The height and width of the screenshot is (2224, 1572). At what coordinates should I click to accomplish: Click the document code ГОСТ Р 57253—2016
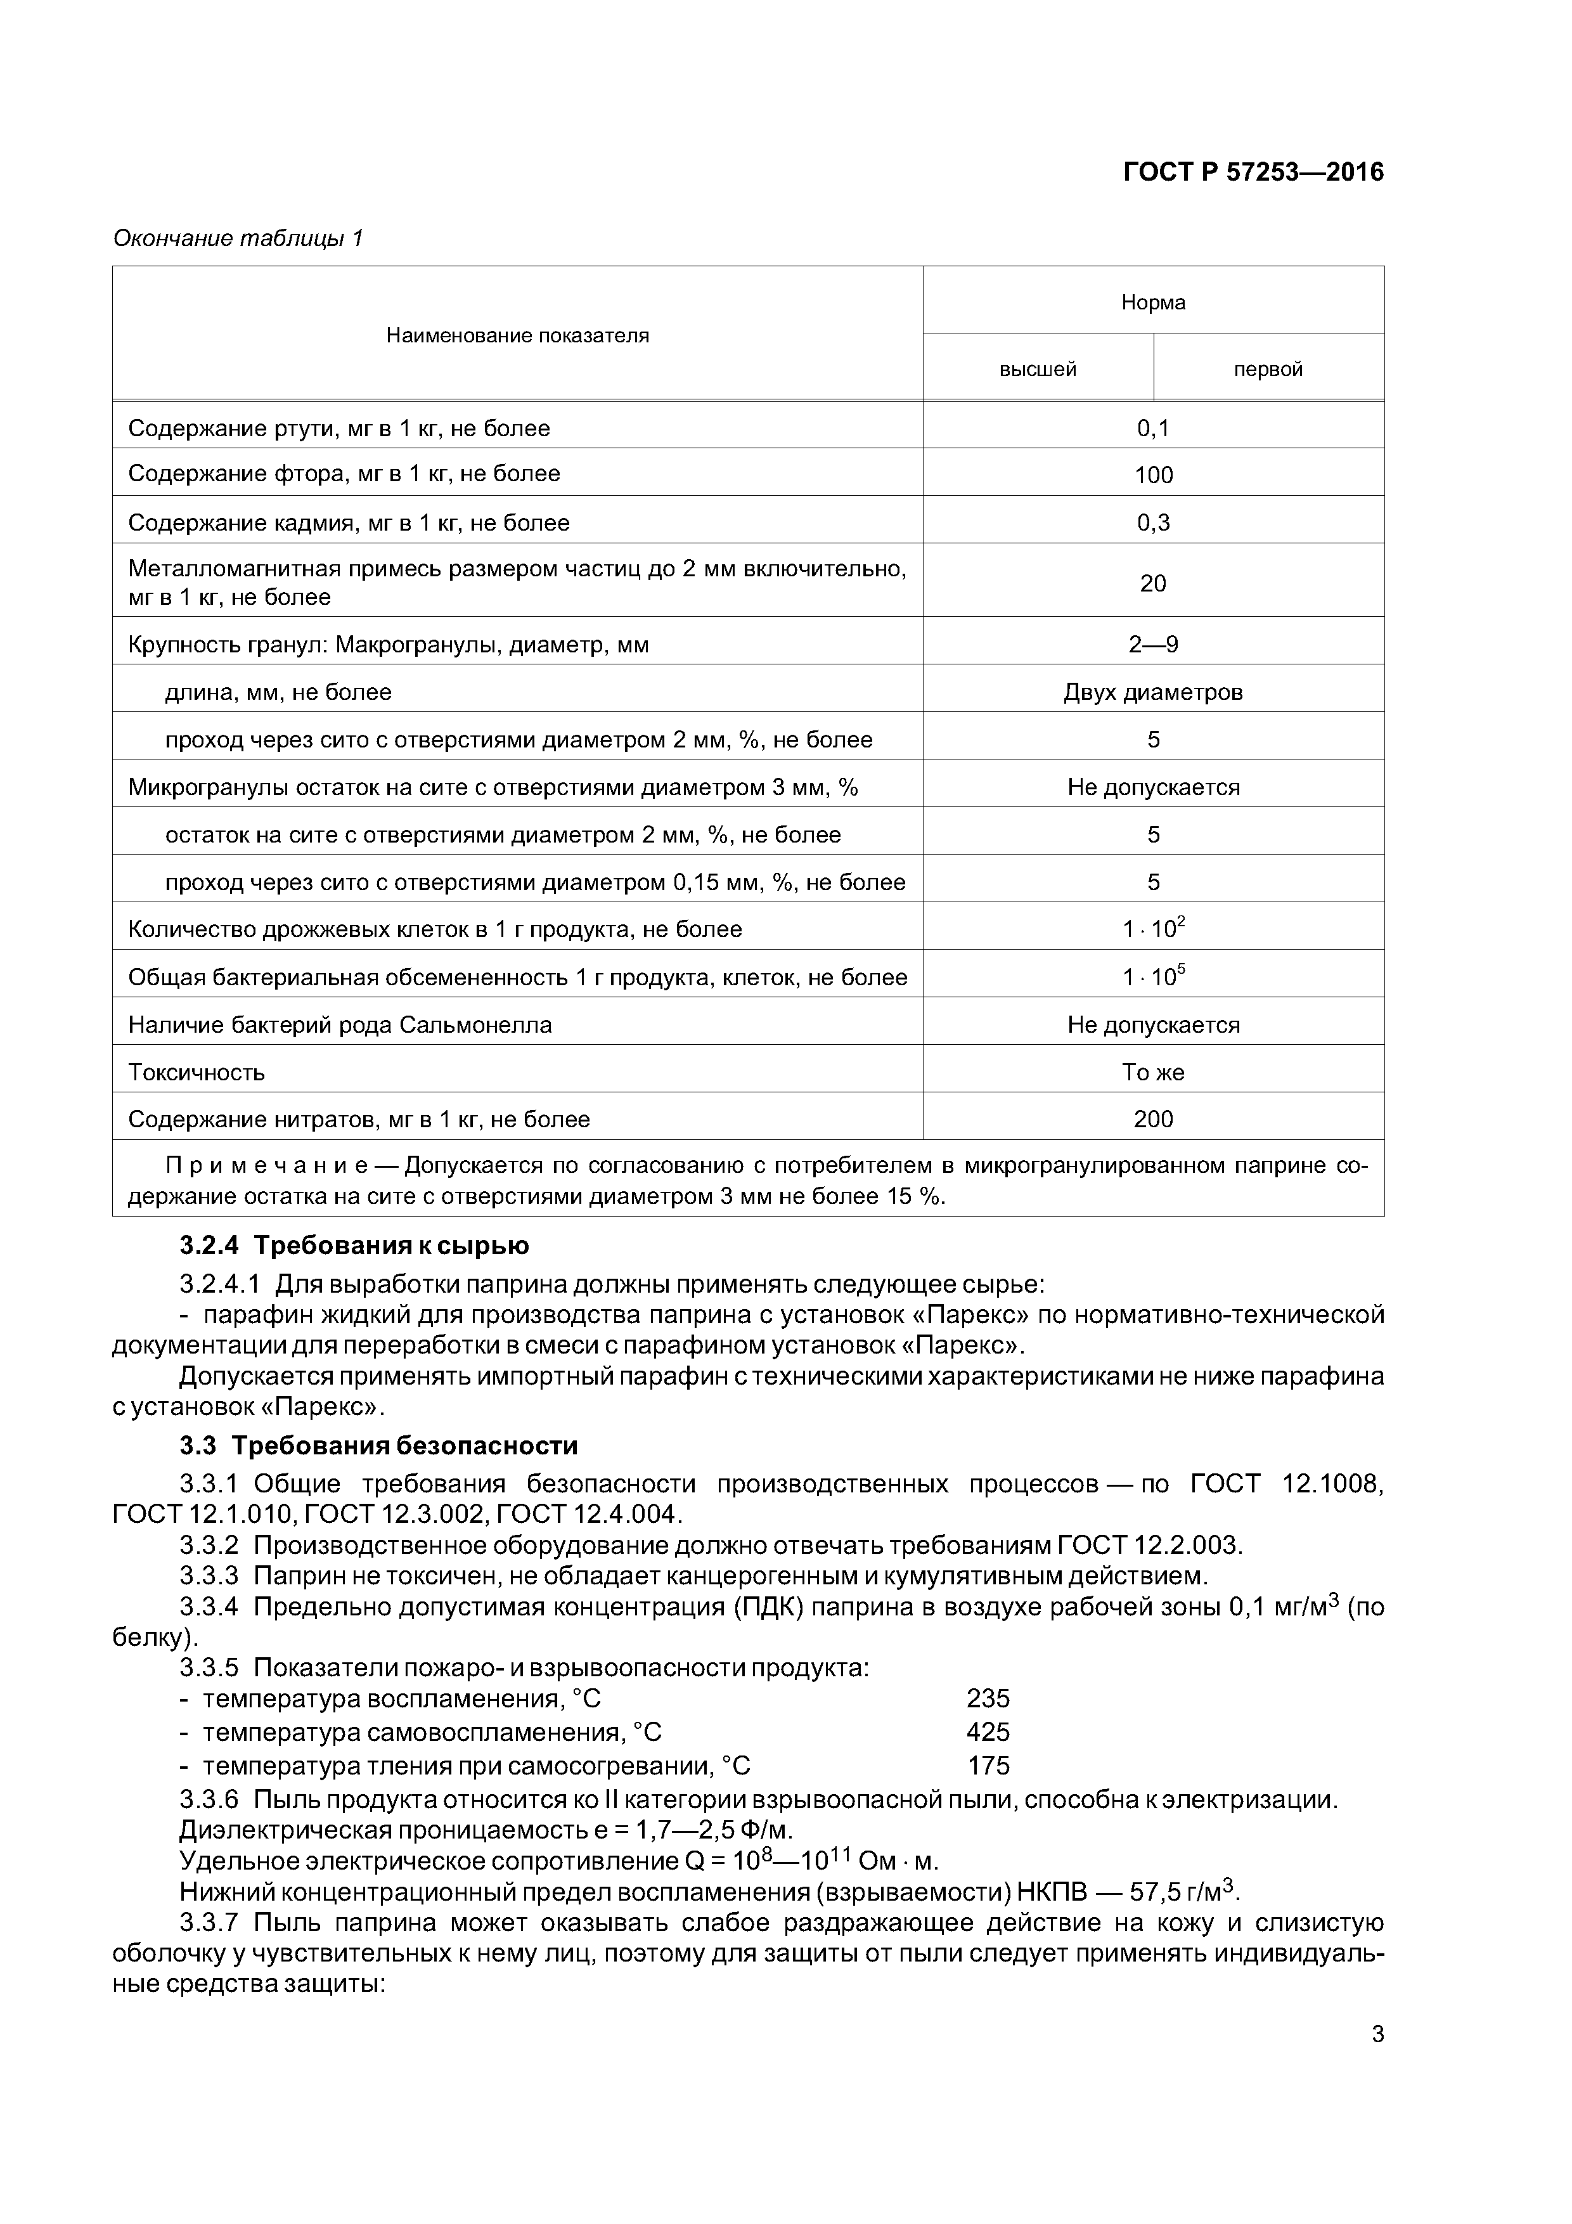tap(1253, 172)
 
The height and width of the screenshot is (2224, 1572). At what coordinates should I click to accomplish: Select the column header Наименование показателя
tap(517, 336)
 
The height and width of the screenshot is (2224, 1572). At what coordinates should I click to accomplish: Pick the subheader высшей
tap(1038, 369)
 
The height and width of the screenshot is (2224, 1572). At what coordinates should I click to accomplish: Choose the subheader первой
tap(1267, 369)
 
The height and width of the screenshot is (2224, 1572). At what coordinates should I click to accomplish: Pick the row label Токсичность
tap(196, 1072)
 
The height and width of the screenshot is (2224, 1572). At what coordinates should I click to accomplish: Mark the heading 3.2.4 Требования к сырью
tap(354, 1245)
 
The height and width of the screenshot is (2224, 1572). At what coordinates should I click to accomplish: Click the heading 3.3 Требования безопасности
tap(378, 1446)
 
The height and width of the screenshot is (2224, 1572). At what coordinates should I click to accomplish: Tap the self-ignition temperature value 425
tap(988, 1732)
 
